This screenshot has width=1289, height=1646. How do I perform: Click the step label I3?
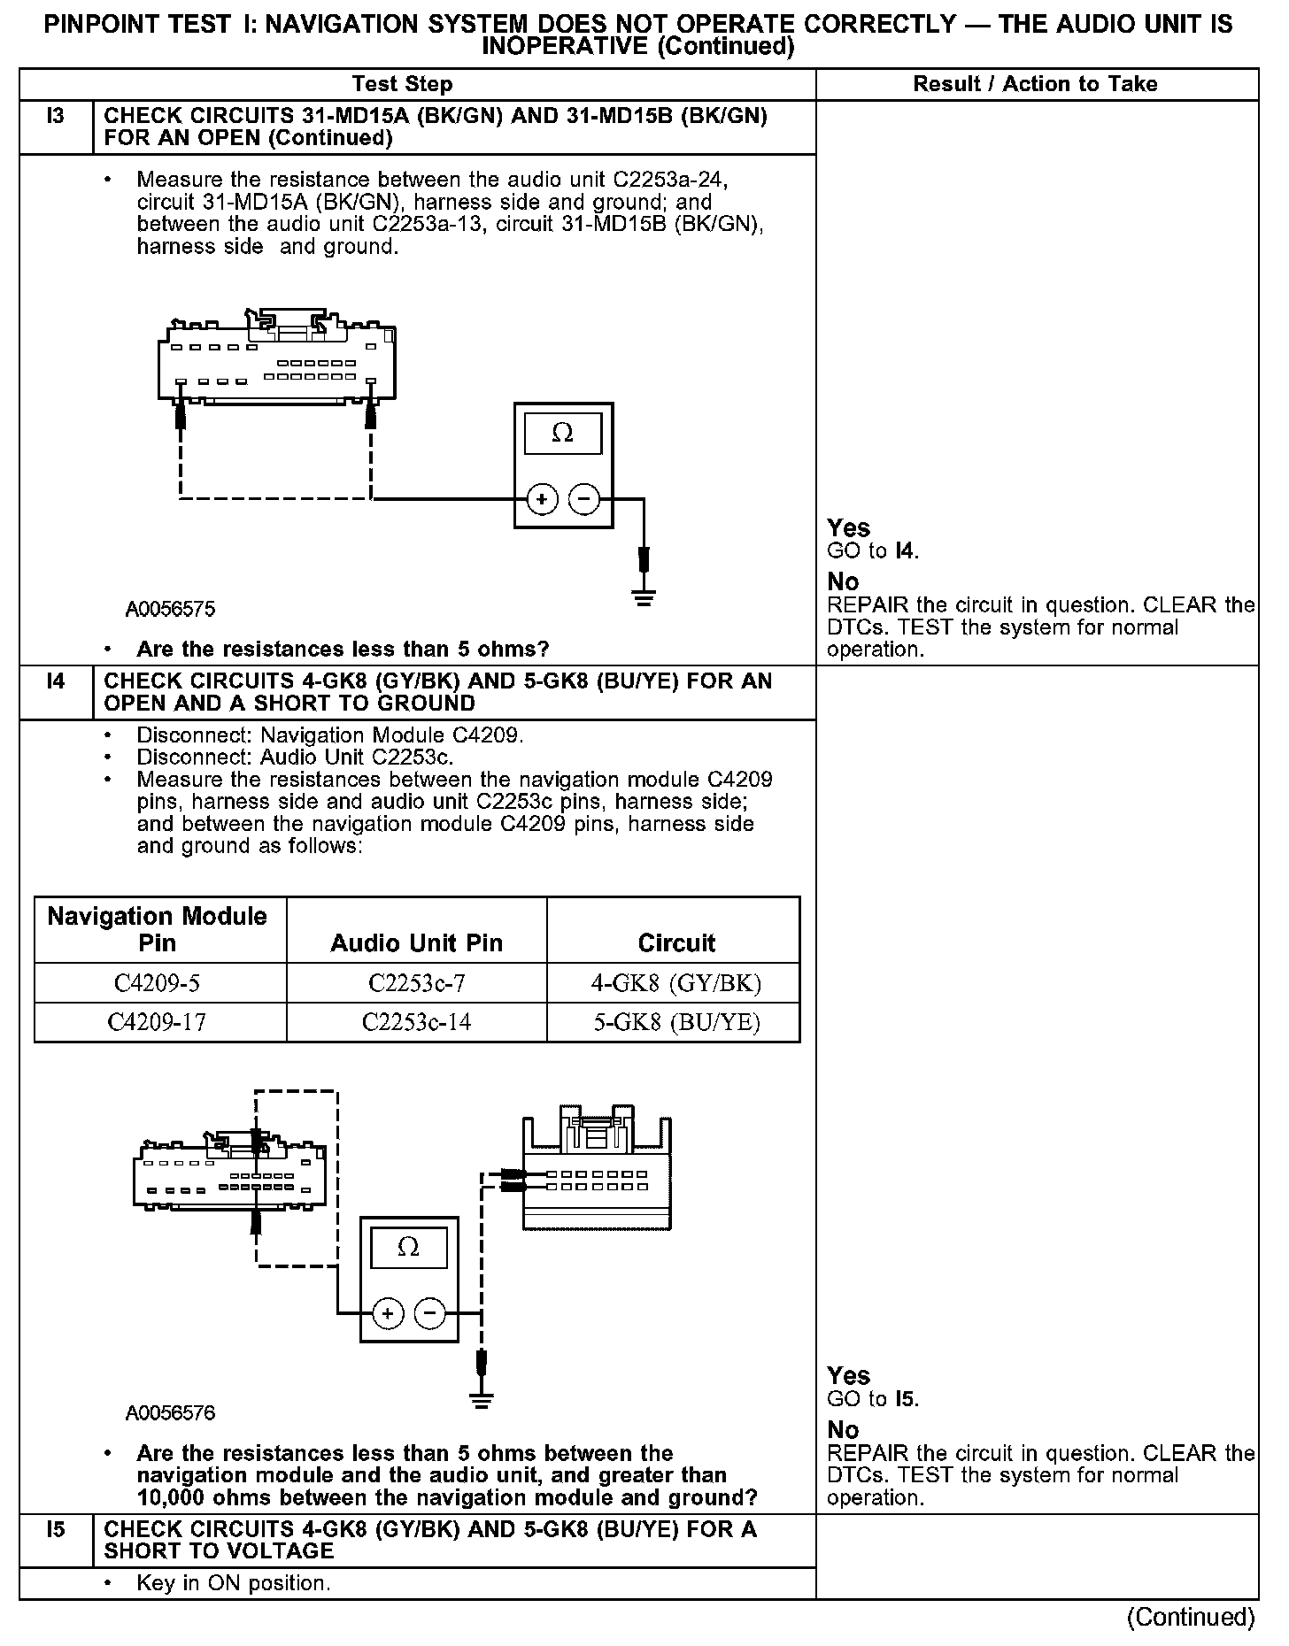click(55, 116)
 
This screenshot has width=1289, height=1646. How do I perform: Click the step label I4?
click(55, 681)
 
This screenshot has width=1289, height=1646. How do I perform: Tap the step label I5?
click(55, 1529)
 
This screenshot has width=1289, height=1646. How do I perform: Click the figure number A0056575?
click(170, 609)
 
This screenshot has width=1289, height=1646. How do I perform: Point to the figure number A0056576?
click(170, 1413)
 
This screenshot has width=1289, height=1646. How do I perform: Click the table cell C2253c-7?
click(416, 983)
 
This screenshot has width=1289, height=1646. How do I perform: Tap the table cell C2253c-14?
click(416, 1023)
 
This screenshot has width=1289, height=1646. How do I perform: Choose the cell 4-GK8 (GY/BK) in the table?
click(676, 983)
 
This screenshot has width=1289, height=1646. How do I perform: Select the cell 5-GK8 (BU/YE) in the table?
click(676, 1023)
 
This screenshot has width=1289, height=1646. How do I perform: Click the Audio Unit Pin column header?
click(416, 943)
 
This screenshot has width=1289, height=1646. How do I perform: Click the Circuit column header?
click(676, 943)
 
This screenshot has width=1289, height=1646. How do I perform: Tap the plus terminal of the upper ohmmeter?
click(542, 500)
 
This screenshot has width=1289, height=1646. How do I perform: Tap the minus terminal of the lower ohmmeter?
click(430, 1313)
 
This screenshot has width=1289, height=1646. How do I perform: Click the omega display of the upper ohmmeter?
click(562, 433)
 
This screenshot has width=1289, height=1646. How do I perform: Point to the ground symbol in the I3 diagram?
click(644, 599)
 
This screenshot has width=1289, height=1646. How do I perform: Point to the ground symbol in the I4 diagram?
click(482, 1400)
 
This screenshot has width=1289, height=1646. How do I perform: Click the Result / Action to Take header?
click(1035, 84)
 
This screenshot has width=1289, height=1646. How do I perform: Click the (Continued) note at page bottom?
click(1191, 1617)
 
